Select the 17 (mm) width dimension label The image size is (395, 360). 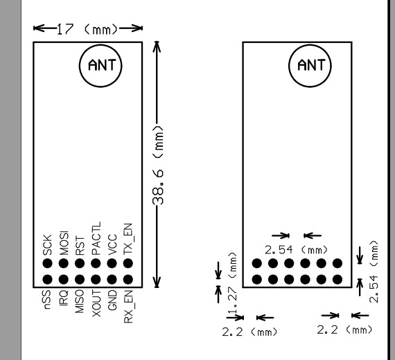87,29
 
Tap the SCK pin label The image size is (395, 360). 47,244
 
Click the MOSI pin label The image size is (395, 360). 64,243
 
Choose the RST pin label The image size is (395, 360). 80,246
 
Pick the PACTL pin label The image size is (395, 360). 96,238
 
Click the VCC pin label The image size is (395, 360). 112,244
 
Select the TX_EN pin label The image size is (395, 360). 128,239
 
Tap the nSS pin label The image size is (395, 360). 47,299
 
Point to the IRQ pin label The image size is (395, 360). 64,298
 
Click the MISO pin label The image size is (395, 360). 80,301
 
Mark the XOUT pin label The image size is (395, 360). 96,303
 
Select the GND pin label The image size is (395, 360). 112,300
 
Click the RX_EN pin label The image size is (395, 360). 128,307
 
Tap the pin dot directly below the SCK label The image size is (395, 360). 47,263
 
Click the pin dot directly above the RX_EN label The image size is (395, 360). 128,280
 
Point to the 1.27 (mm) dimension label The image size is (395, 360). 233,282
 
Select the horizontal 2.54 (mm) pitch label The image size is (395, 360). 297,250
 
